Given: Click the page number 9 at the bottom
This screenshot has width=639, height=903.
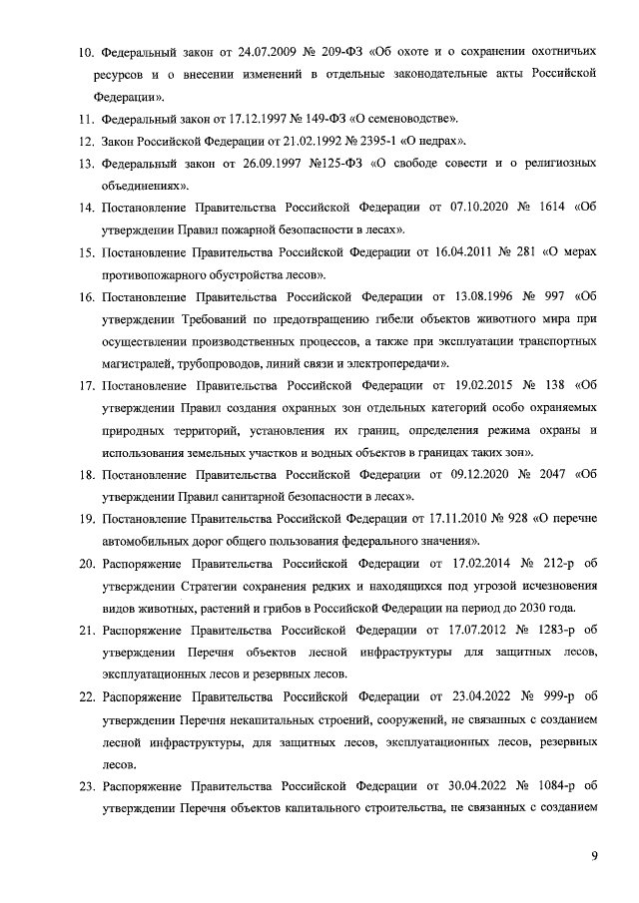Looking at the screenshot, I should pyautogui.click(x=594, y=854).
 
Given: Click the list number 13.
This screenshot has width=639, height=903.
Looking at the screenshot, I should pyautogui.click(x=86, y=163).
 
